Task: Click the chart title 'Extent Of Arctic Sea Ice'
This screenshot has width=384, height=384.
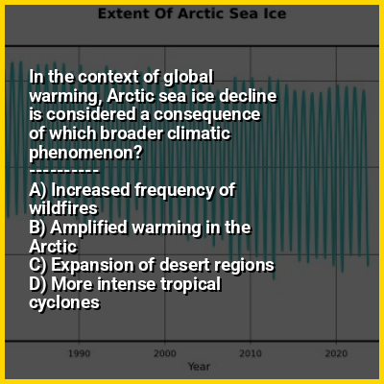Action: (x=192, y=13)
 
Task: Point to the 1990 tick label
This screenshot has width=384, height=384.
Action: (x=80, y=353)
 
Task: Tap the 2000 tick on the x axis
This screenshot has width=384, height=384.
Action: (x=165, y=353)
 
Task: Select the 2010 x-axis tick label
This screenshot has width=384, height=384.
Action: (x=251, y=353)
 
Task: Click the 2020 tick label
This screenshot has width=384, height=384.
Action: (x=336, y=353)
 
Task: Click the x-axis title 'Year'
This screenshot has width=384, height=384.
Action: (x=199, y=367)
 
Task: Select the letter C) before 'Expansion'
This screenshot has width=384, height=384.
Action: (x=38, y=265)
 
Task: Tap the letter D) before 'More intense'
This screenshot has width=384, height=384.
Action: (x=38, y=284)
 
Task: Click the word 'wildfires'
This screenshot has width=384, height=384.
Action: (x=63, y=208)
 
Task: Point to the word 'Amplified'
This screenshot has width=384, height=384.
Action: (x=89, y=228)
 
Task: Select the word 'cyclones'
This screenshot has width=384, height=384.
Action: (x=64, y=303)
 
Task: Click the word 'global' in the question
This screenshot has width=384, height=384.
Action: (x=188, y=78)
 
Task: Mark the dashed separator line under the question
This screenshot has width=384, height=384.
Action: (x=64, y=171)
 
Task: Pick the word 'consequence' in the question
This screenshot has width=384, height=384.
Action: (x=207, y=115)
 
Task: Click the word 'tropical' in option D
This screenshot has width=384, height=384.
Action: (x=190, y=285)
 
